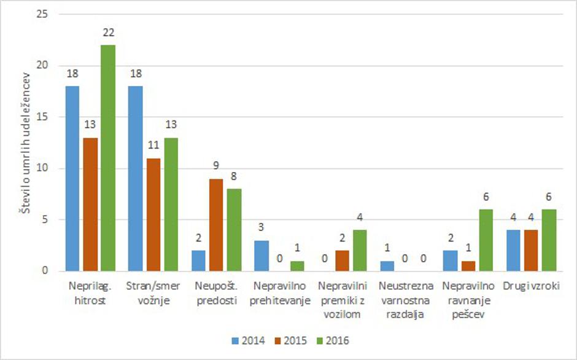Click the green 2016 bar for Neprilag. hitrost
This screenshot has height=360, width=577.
[107, 158]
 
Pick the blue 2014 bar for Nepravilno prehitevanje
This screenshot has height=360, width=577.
[261, 256]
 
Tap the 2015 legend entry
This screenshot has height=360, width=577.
[291, 340]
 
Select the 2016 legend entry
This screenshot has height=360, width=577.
[335, 340]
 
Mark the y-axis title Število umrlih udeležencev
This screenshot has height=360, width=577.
[26, 142]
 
